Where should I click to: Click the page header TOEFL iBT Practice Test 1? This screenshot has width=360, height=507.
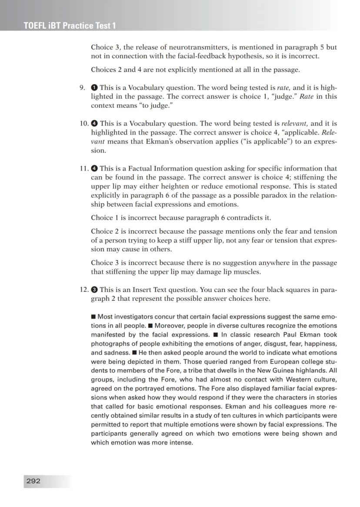point(70,26)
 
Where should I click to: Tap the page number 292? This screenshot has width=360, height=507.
point(33,481)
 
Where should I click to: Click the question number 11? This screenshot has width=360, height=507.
point(84,168)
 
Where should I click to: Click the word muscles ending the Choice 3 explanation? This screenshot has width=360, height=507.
point(248,272)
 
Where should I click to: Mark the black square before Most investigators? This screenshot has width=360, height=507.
point(93,316)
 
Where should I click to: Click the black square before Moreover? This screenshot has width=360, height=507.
point(150,326)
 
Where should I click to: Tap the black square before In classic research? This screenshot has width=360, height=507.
point(215,335)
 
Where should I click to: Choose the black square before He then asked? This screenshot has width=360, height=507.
point(135,353)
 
